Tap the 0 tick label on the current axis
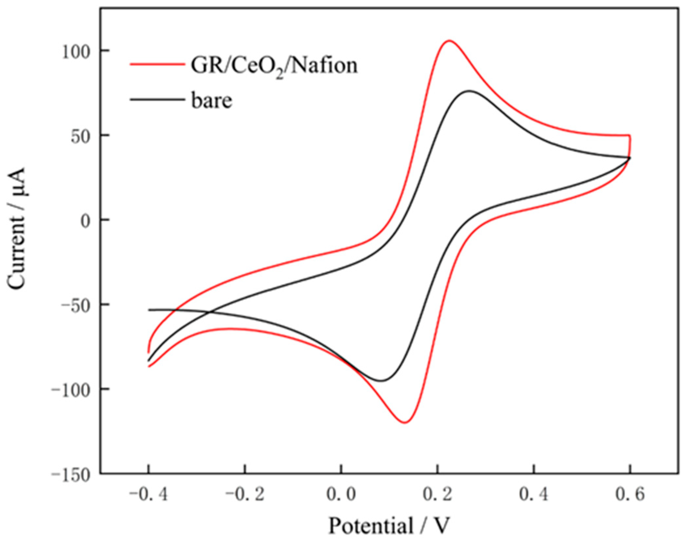click(x=86, y=221)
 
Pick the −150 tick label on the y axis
click(x=70, y=474)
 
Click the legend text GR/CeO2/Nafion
click(x=274, y=66)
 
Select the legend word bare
click(x=211, y=100)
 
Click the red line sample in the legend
click(x=157, y=64)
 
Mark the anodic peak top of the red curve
click(x=449, y=41)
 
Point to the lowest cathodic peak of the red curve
click(x=405, y=422)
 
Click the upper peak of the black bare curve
click(x=469, y=91)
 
